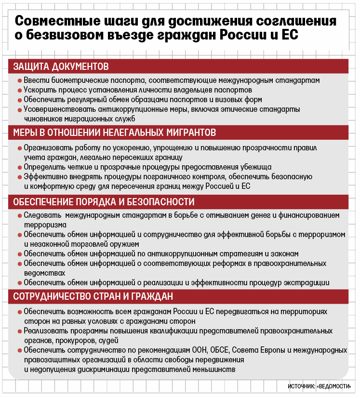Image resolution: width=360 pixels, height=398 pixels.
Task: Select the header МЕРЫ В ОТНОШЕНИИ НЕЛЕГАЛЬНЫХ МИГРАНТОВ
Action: [114, 132]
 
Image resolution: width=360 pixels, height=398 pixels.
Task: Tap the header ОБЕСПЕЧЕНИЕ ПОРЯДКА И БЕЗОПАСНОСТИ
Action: [104, 201]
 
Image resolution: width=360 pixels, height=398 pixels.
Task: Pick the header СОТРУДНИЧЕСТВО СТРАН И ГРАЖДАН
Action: [93, 296]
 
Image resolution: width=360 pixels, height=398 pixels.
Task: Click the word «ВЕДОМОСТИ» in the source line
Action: [335, 387]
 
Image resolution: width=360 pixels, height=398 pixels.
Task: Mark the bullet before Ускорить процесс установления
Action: [19, 90]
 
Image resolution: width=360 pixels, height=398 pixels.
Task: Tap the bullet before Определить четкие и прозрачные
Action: [19, 167]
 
